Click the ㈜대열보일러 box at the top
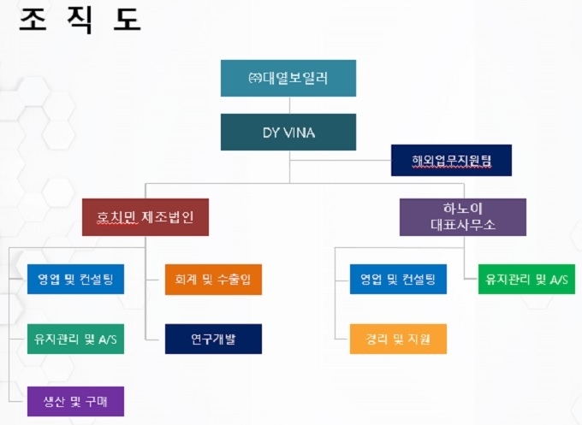(x=288, y=79)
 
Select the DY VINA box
(x=288, y=132)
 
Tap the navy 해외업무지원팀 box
(x=451, y=160)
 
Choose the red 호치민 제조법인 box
(x=145, y=217)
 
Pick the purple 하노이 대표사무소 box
(x=463, y=217)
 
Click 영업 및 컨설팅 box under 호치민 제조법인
(x=75, y=280)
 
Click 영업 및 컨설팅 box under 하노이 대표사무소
(x=398, y=280)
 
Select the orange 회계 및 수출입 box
(x=213, y=280)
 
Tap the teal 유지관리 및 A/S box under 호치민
(x=75, y=339)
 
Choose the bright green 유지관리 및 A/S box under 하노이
(x=526, y=280)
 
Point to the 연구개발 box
(x=213, y=339)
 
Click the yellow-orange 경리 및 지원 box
(x=398, y=339)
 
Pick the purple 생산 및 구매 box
(x=75, y=401)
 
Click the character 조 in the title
(x=33, y=20)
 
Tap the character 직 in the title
(x=80, y=21)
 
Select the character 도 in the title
(x=127, y=20)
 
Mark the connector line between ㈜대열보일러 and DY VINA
(x=289, y=105)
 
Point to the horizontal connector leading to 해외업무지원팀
(x=341, y=161)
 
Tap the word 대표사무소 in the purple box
(x=463, y=225)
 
